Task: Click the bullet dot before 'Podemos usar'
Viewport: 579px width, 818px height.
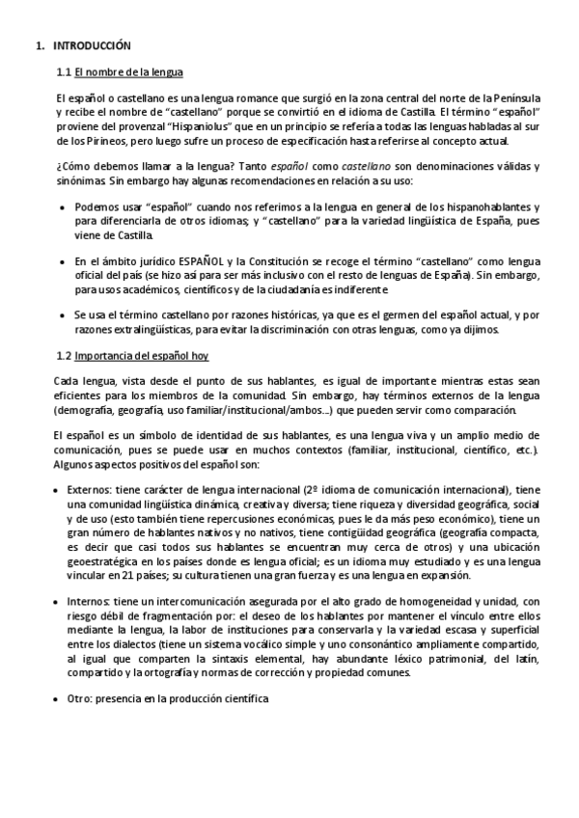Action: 63,207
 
